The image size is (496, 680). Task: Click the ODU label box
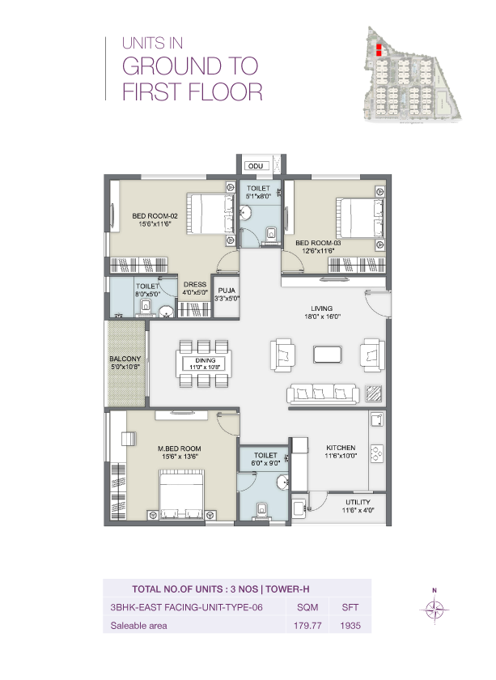pos(256,166)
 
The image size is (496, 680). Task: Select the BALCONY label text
pos(125,359)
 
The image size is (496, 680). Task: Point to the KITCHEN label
pos(341,448)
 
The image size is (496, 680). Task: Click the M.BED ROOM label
pos(179,448)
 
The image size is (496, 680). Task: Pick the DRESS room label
pos(195,284)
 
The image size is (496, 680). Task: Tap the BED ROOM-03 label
pos(318,242)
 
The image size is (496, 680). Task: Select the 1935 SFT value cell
pos(351,626)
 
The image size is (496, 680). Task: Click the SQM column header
pos(307,607)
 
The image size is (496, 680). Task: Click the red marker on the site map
pos(377,49)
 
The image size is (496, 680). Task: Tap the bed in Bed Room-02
pos(205,213)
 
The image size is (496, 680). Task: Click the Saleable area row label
pos(138,626)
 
